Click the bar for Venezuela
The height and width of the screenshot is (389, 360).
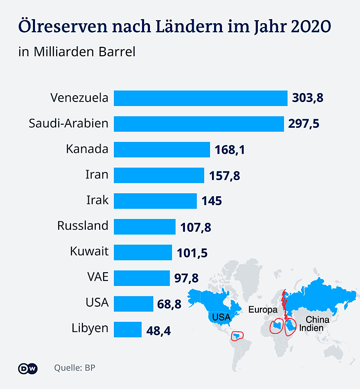200,98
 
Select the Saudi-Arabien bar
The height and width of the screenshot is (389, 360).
199,123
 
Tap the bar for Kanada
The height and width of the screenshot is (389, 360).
162,149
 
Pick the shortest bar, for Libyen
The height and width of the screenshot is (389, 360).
128,329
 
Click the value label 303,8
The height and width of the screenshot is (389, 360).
308,98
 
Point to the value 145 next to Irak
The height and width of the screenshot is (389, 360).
212,201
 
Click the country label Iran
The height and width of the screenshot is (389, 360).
97,175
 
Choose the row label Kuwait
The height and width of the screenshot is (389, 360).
89,252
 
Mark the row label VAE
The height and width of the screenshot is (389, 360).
97,278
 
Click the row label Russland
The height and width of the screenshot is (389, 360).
82,226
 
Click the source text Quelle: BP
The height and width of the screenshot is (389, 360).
74,368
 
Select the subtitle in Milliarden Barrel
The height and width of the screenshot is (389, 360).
76,51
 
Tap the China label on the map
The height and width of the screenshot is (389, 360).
317,319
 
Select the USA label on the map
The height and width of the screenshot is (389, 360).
221,317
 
